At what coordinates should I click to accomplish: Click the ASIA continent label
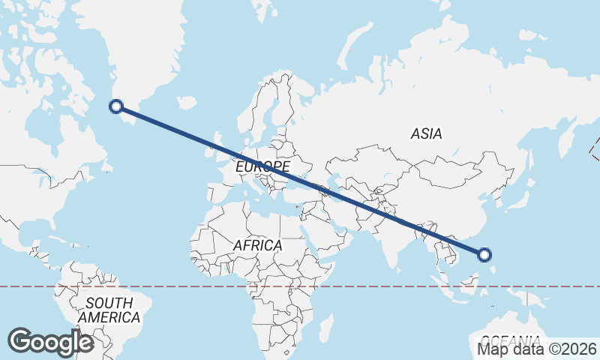tap(426, 134)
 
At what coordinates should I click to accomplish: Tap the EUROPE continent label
tap(262, 166)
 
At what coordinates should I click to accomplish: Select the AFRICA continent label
tap(257, 245)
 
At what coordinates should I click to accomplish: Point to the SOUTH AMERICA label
tap(109, 310)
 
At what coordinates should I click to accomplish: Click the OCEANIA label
tap(510, 339)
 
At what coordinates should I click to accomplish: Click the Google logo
tap(50, 342)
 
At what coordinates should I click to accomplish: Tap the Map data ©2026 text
tap(537, 349)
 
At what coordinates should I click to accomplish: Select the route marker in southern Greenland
tap(116, 106)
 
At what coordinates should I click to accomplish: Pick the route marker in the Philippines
tap(484, 255)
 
